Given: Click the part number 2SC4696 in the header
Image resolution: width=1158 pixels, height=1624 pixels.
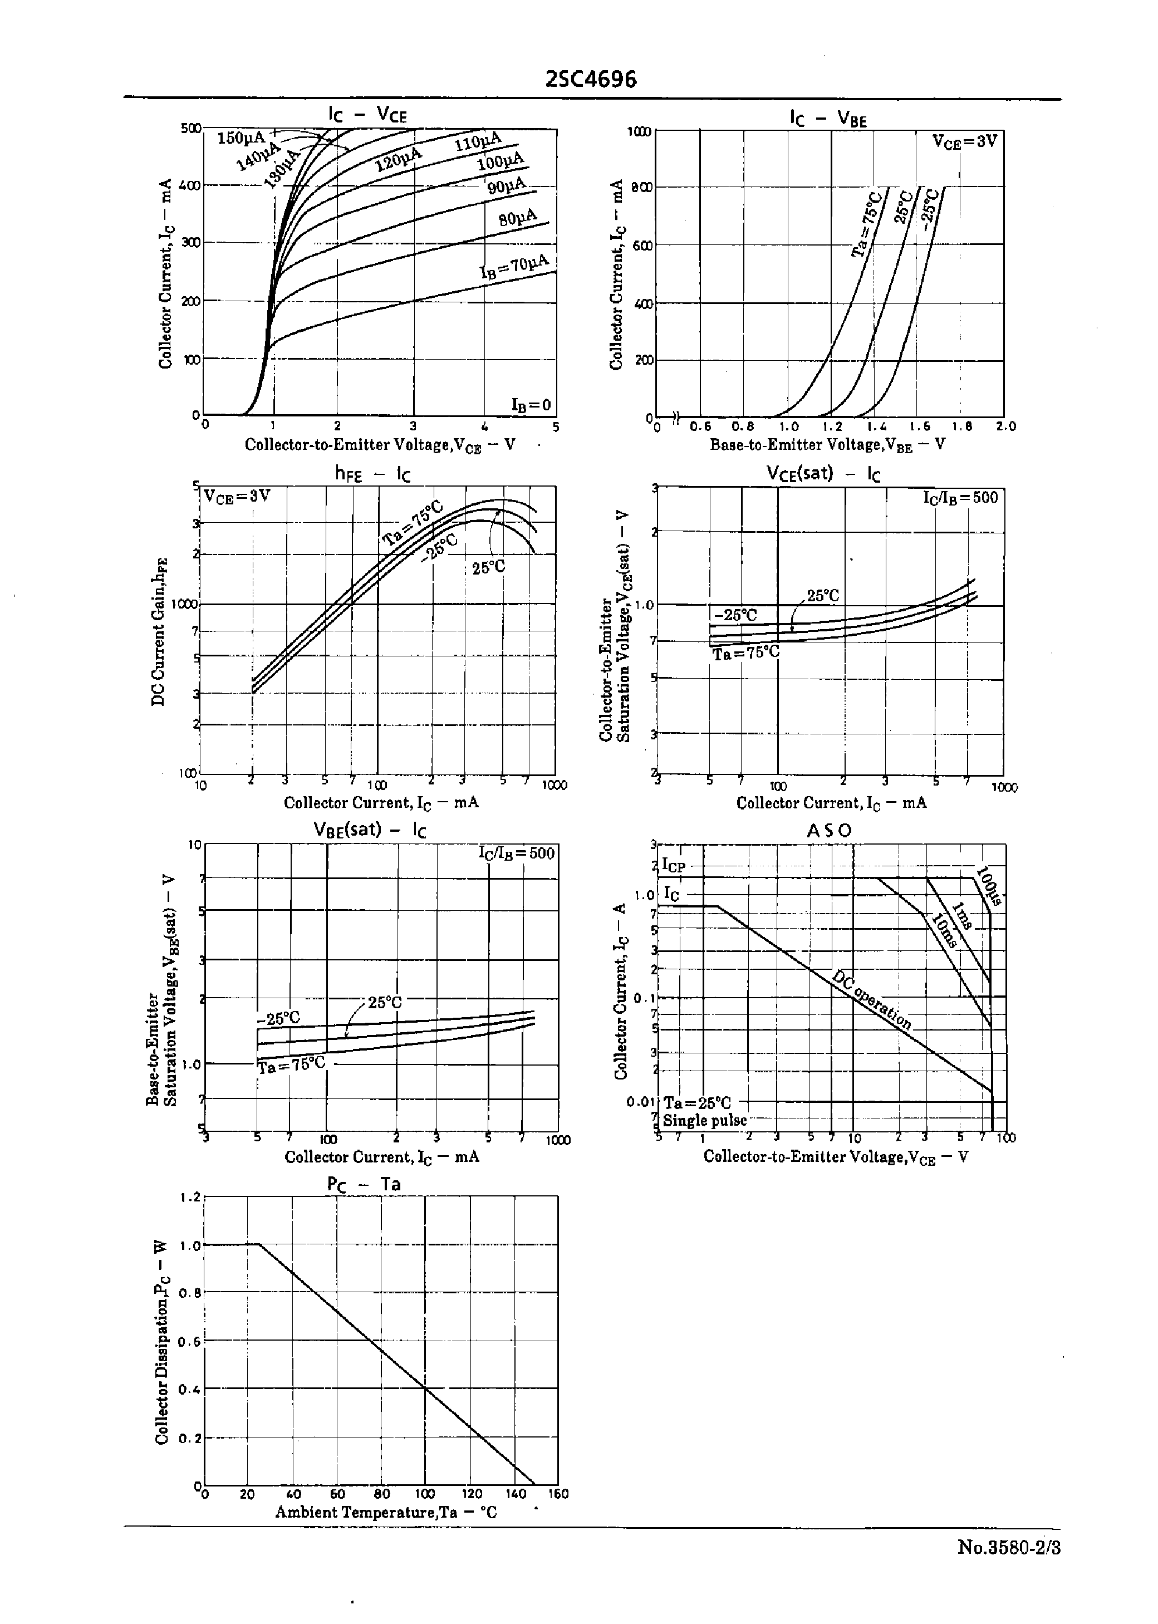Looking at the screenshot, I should tap(590, 79).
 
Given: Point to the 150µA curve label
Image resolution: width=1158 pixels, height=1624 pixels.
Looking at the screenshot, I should tap(241, 138).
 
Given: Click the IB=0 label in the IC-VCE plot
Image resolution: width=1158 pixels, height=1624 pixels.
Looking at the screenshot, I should tap(531, 405).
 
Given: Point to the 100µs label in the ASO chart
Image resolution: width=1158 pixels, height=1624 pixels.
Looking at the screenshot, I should tap(988, 886).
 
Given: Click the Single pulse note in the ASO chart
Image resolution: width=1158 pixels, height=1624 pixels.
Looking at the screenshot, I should tap(704, 1120).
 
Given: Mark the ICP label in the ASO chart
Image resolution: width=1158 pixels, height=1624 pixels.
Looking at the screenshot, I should tap(673, 866).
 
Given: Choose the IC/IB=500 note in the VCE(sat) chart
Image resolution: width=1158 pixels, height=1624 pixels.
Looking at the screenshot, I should tap(960, 498).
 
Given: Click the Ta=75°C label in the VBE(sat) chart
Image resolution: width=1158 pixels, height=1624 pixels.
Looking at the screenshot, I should tap(291, 1065).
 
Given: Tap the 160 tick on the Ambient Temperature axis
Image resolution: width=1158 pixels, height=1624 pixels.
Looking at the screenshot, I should tap(558, 1494).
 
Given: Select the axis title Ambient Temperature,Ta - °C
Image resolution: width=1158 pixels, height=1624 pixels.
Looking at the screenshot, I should tap(386, 1512).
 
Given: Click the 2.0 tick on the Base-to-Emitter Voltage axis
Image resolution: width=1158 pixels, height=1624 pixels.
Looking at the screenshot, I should tap(1005, 426).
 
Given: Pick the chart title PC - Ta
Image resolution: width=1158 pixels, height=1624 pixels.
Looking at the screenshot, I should tap(364, 1184).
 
